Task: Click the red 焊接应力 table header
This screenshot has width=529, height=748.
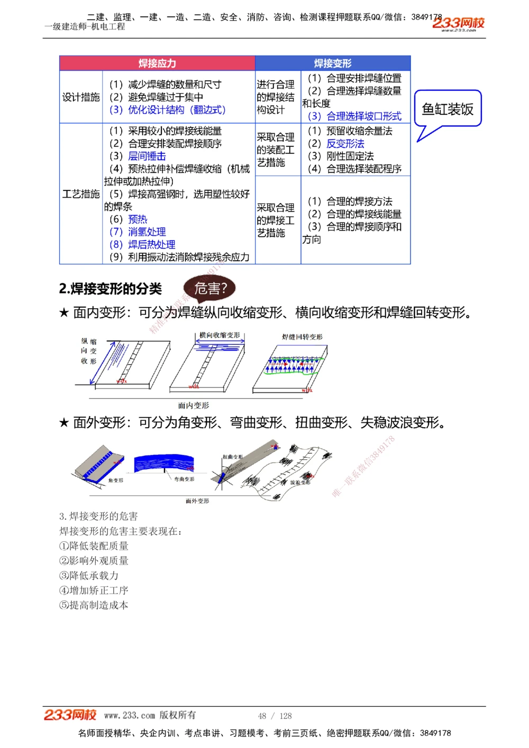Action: click(157, 63)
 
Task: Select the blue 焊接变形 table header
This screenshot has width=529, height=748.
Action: click(333, 63)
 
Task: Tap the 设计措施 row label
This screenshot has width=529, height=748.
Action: click(81, 97)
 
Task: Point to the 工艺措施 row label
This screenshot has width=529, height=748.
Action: click(81, 194)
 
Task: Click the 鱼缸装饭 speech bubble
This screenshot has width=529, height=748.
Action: click(448, 109)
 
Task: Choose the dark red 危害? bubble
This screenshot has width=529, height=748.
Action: click(210, 289)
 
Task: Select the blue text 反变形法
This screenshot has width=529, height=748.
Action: click(345, 143)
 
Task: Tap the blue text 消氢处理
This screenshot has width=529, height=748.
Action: click(147, 232)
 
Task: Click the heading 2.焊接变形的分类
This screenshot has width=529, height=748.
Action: click(111, 289)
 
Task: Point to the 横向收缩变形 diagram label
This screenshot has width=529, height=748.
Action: click(220, 335)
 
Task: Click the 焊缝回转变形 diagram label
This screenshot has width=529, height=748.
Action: click(302, 337)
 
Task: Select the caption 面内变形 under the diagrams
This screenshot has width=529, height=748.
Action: click(193, 405)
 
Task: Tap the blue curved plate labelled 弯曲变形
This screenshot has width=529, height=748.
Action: click(164, 464)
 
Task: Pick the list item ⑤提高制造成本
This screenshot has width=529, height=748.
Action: click(94, 605)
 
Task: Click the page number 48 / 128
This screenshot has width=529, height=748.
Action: click(275, 716)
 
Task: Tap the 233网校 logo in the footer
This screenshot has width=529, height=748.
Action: click(70, 715)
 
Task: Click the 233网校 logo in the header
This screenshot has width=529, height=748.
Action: click(458, 23)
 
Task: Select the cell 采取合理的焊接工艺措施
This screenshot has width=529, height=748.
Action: click(276, 220)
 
